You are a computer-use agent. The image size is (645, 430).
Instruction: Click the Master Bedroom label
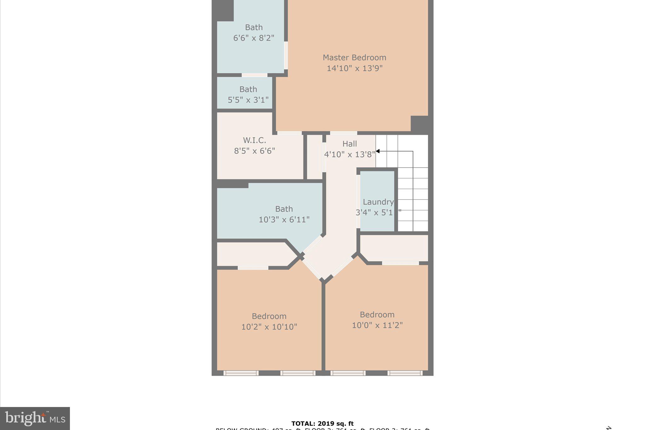click(354, 58)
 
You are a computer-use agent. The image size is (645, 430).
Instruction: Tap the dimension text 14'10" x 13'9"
click(354, 68)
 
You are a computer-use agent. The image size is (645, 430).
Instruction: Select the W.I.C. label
click(254, 140)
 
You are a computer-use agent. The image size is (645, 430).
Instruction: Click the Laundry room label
click(378, 202)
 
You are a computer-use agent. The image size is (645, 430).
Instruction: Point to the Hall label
click(350, 144)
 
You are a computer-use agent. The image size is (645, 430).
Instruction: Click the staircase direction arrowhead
click(378, 151)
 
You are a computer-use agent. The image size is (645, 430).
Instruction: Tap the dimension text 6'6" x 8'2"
click(254, 38)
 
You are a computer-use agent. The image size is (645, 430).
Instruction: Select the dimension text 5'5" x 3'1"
click(248, 100)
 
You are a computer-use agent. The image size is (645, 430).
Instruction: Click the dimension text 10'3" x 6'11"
click(284, 220)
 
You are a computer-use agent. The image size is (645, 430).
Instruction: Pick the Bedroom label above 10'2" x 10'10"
click(269, 316)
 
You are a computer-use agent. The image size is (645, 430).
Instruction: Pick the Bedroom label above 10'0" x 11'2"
click(377, 315)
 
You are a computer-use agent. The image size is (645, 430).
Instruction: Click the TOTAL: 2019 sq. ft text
click(322, 424)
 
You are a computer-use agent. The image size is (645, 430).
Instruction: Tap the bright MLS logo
click(35, 418)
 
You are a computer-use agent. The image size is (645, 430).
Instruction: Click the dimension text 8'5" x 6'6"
click(254, 151)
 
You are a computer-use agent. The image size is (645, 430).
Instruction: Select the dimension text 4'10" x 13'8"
click(350, 154)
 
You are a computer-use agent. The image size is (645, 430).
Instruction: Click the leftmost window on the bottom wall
click(241, 373)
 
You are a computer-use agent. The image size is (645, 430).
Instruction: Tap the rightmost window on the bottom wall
click(405, 373)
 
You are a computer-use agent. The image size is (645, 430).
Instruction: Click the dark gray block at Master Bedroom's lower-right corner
click(419, 123)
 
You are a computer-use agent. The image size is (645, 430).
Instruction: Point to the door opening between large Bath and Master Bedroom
click(286, 55)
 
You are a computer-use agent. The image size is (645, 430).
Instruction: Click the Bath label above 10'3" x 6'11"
click(284, 209)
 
